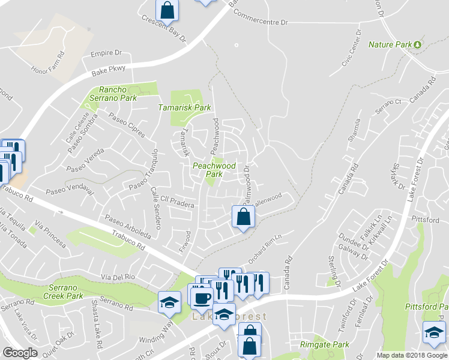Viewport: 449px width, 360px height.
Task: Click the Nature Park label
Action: pyautogui.click(x=390, y=44)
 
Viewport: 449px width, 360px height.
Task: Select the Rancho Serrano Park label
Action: pyautogui.click(x=113, y=94)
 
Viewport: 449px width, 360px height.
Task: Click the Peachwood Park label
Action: pyautogui.click(x=213, y=170)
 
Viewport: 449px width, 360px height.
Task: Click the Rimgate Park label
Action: pyautogui.click(x=324, y=345)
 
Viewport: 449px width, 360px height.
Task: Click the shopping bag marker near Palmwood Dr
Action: pyautogui.click(x=243, y=217)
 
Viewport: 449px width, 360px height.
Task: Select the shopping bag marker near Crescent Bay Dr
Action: pyautogui.click(x=167, y=10)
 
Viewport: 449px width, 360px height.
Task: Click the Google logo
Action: pyautogui.click(x=20, y=353)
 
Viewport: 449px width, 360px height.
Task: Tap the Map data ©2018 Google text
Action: pyautogui.click(x=411, y=355)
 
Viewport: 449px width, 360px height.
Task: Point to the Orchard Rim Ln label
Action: pyautogui.click(x=265, y=249)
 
